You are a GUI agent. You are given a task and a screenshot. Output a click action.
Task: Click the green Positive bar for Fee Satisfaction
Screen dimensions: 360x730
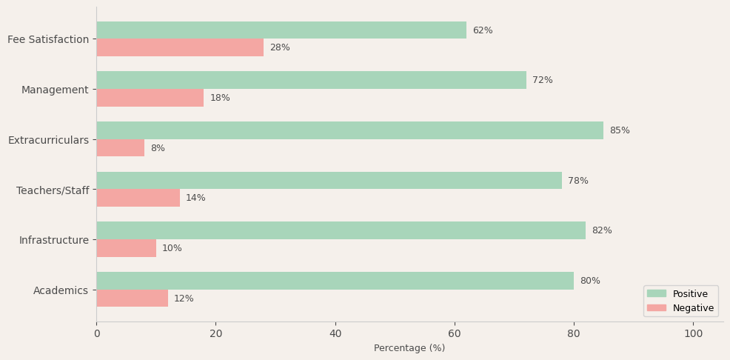[x=281, y=30]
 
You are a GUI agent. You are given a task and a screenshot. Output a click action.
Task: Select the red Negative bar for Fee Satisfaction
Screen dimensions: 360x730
[x=180, y=47]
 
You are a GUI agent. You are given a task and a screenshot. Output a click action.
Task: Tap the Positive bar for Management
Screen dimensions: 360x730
[x=311, y=80]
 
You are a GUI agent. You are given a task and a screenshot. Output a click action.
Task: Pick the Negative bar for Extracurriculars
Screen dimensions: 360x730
[x=120, y=148]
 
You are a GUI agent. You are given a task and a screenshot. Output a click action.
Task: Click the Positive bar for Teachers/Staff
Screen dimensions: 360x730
[x=329, y=181]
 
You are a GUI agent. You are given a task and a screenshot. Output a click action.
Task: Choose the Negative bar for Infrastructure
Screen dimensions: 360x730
[x=126, y=248]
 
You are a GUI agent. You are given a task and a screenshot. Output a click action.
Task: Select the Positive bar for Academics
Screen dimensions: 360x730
[x=335, y=281]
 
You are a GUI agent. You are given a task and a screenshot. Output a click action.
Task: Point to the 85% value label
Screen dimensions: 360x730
[x=620, y=130]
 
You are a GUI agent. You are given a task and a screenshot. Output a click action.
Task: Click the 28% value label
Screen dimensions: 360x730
[x=280, y=47]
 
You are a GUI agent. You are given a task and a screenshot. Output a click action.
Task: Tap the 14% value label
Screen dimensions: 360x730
[x=195, y=198]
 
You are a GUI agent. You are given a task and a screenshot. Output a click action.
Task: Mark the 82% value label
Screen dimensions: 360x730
[x=602, y=230]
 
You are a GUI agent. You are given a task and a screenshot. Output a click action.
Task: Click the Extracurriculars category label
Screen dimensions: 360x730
[x=48, y=140]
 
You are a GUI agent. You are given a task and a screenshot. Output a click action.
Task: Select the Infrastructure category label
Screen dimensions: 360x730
[x=54, y=240]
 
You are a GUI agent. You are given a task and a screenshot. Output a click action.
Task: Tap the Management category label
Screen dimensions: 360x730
[x=55, y=90]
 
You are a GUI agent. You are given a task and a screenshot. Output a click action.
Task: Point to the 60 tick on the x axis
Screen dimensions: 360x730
[x=455, y=333]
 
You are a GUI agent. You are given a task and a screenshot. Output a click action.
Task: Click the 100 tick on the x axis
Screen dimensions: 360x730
[x=693, y=333]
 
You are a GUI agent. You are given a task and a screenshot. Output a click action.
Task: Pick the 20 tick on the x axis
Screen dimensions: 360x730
[x=215, y=333]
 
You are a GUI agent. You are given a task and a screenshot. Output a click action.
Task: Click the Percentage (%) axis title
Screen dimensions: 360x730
[x=409, y=348]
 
